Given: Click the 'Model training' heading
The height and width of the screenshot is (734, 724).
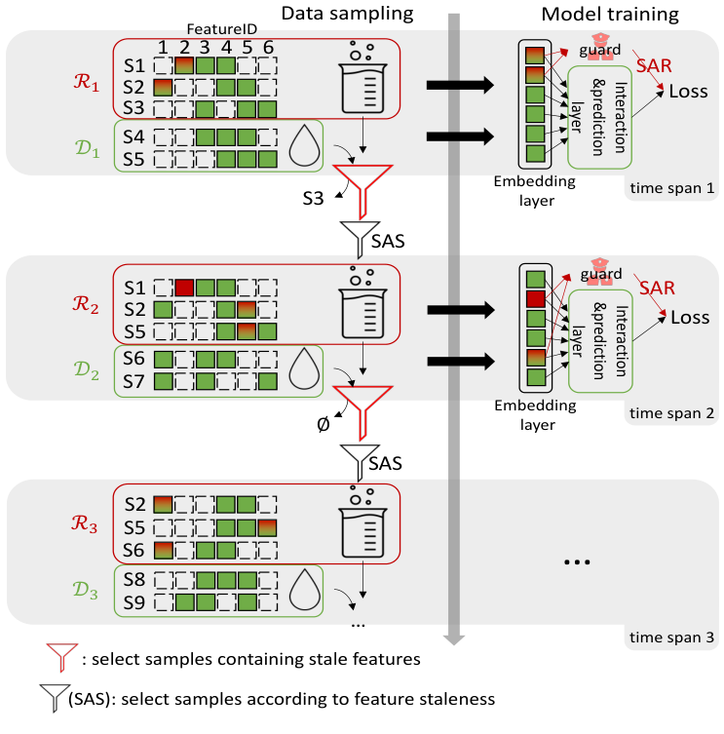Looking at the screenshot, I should pyautogui.click(x=609, y=14).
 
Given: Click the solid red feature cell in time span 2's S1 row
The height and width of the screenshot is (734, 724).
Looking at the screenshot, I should pyautogui.click(x=184, y=288).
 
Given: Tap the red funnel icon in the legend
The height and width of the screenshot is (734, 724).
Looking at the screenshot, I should pyautogui.click(x=61, y=659).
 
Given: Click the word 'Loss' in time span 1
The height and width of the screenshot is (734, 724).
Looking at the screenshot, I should pyautogui.click(x=689, y=92).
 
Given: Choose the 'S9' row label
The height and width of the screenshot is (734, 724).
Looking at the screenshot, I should pyautogui.click(x=135, y=600).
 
